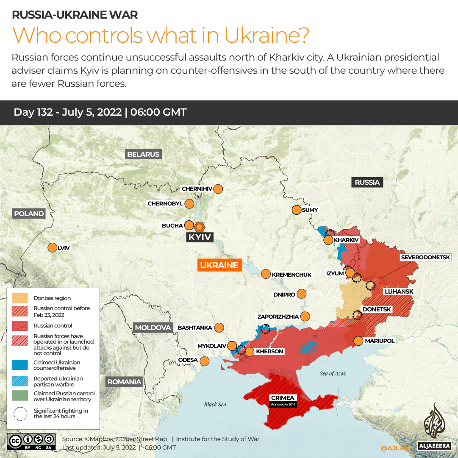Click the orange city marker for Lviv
tap(53, 247)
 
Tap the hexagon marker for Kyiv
tap(199, 226)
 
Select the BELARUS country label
tap(143, 154)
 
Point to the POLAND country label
tap(29, 214)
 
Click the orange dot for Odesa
tap(205, 361)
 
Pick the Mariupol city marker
tap(358, 341)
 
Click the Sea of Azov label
tap(333, 373)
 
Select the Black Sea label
tap(215, 404)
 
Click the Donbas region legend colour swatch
tap(20, 298)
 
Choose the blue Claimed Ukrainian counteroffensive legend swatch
tap(20, 365)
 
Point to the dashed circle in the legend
tap(20, 414)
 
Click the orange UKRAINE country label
tap(219, 265)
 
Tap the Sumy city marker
tap(296, 210)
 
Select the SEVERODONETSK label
tap(429, 257)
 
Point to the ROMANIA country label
tap(124, 382)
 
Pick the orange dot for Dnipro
tap(302, 294)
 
